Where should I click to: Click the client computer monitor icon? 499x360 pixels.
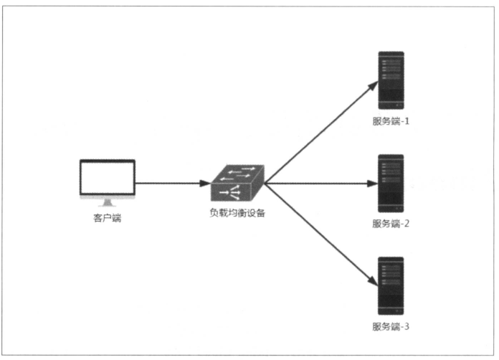click(107, 181)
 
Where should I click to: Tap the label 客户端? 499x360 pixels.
click(107, 218)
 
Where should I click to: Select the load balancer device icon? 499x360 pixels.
click(237, 184)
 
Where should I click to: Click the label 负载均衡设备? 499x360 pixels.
click(237, 212)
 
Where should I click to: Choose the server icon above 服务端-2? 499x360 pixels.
click(391, 183)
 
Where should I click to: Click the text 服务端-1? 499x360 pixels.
click(390, 120)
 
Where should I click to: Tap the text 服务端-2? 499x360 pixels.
click(390, 223)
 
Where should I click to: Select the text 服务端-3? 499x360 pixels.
click(390, 326)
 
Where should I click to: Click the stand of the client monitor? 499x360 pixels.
click(107, 202)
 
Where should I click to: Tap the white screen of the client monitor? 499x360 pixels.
click(107, 178)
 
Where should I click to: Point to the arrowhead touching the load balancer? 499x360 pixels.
click(205, 183)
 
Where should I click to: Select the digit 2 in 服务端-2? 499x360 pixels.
click(406, 223)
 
